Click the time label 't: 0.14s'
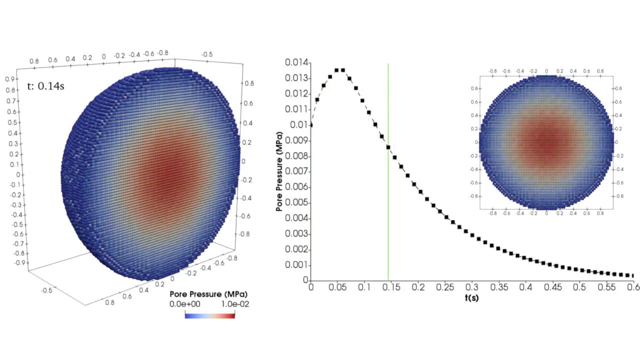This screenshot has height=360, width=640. click(x=46, y=86)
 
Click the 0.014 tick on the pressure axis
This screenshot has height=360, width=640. click(x=296, y=62)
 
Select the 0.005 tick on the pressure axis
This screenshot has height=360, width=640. click(x=296, y=202)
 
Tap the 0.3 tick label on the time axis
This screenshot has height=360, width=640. click(x=471, y=287)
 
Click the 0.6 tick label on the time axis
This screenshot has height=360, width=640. click(x=633, y=287)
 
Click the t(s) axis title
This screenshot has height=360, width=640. click(x=471, y=298)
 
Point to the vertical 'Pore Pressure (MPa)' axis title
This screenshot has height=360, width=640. click(x=280, y=171)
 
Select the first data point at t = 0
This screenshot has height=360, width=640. click(x=311, y=125)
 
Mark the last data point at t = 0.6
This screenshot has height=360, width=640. click(x=633, y=275)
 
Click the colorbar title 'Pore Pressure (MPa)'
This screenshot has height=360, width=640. click(x=209, y=293)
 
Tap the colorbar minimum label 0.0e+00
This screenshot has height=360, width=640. click(x=185, y=303)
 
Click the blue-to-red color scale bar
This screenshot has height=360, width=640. click(x=209, y=315)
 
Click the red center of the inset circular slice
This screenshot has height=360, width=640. click(x=546, y=142)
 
